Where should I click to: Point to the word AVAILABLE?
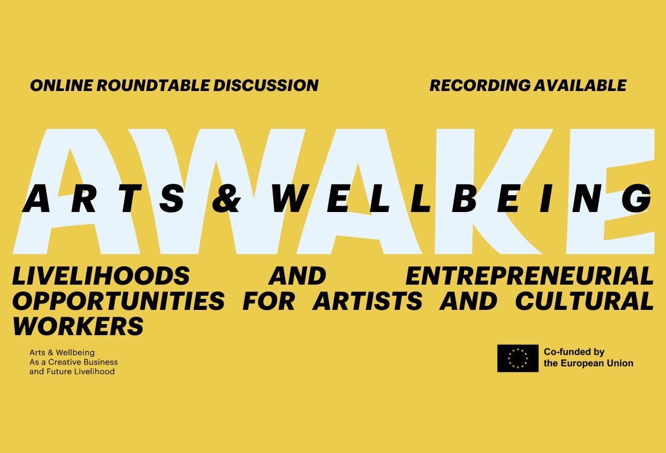[x=580, y=85]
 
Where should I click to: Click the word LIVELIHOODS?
[x=101, y=276]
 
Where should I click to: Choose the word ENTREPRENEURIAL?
[x=530, y=276]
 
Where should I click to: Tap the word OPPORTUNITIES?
[x=118, y=301]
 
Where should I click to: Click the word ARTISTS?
[x=367, y=301]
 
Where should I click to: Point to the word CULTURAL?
[x=584, y=301]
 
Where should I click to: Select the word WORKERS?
[x=78, y=326]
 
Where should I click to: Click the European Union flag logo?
[x=518, y=358]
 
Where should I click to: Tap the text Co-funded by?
[x=574, y=352]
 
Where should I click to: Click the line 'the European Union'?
[x=588, y=363]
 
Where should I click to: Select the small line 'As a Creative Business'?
[x=74, y=362]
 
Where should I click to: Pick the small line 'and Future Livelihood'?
[x=72, y=371]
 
